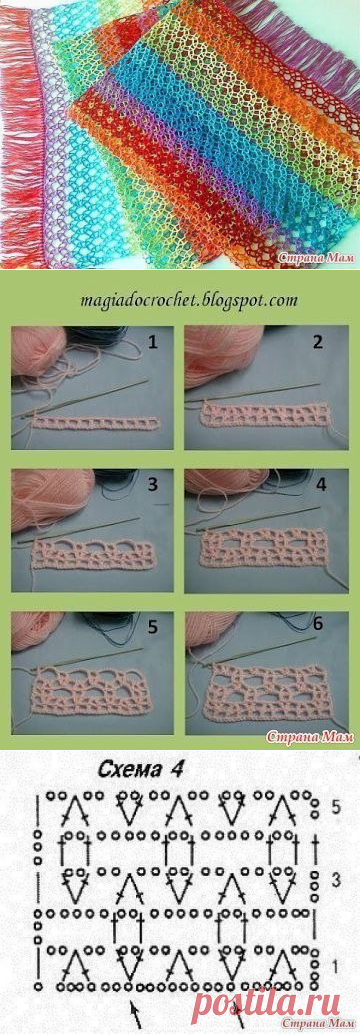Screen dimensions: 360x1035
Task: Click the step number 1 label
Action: click(154, 344)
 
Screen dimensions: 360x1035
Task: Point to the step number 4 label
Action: click(322, 484)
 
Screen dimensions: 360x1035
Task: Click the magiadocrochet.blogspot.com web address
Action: click(180, 300)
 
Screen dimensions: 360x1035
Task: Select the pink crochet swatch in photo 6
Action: click(268, 692)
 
